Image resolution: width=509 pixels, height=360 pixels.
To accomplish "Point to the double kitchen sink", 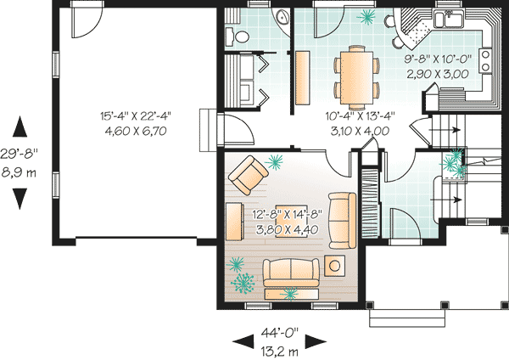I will pos(447,20).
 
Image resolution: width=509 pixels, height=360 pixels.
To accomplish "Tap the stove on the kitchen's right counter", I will pos(488,60).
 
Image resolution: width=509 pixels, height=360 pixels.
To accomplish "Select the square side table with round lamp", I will pos(335,265).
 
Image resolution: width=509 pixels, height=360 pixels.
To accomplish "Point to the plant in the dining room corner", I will pos(368,15).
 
